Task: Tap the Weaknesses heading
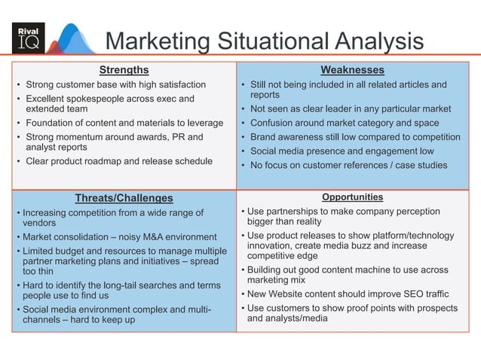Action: click(x=352, y=70)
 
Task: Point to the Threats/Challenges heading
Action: click(x=124, y=198)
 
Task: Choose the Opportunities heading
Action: click(x=352, y=197)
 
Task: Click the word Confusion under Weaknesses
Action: click(x=273, y=123)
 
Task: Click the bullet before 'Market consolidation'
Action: click(x=18, y=236)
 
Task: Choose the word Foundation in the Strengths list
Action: click(x=51, y=123)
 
